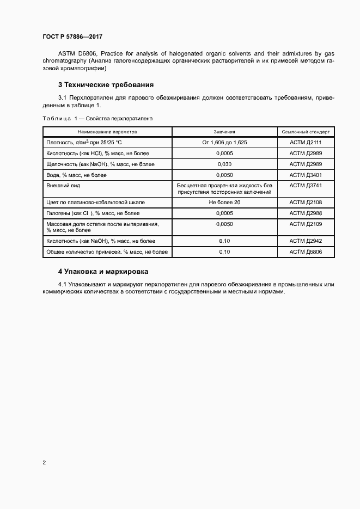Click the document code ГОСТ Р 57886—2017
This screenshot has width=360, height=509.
[x=72, y=36]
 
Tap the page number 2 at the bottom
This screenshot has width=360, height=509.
[x=44, y=462]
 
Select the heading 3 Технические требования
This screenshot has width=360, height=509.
[x=106, y=84]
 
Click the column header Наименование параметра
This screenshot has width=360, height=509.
[x=107, y=132]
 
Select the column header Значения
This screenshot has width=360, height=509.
[x=224, y=132]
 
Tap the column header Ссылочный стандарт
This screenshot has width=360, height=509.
[x=306, y=132]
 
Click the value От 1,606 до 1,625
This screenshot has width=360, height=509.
[x=224, y=142]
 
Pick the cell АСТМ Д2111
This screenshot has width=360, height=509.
[x=306, y=142]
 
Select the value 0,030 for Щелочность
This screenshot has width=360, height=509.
[x=224, y=164]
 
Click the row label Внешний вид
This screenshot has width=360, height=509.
[x=62, y=186]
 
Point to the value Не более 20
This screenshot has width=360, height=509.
[x=224, y=202]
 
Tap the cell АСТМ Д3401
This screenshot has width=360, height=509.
[x=306, y=175]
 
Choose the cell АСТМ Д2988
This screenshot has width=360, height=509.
[x=306, y=213]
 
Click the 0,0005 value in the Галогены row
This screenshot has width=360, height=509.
[x=224, y=213]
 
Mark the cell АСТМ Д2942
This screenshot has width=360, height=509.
[x=306, y=241]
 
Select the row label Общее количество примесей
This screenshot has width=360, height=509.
[x=107, y=252]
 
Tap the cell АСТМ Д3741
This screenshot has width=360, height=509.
[x=306, y=186]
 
